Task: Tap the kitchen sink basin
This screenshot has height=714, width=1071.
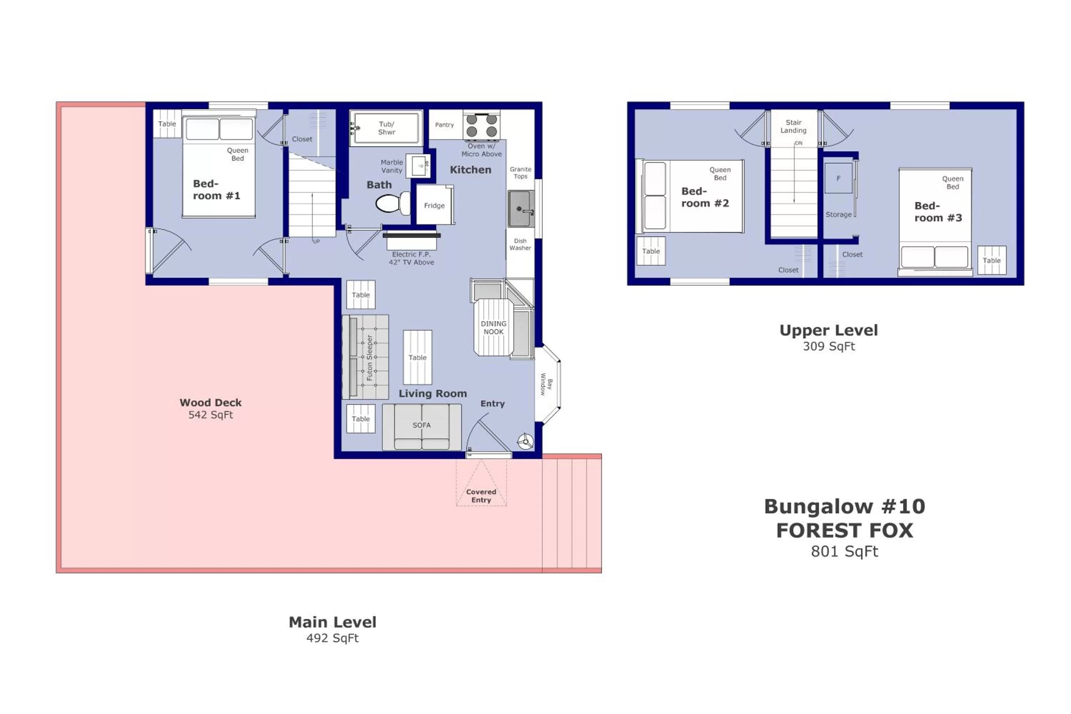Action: tap(520, 208)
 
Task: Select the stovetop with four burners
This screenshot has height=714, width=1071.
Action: tap(481, 125)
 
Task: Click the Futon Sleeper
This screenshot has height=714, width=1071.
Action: tap(366, 357)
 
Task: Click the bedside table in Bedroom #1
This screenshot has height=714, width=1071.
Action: tap(167, 124)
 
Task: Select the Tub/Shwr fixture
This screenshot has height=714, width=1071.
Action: tap(386, 128)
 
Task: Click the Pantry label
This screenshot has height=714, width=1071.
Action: tap(444, 125)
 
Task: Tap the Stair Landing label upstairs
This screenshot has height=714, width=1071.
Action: tap(793, 126)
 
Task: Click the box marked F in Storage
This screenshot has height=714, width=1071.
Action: tap(838, 178)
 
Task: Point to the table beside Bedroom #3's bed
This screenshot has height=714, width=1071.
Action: tap(991, 260)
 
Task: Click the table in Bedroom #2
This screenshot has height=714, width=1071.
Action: tap(651, 251)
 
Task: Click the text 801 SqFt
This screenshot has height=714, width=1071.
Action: tap(844, 552)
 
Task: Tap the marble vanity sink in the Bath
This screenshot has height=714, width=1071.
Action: tap(418, 166)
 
